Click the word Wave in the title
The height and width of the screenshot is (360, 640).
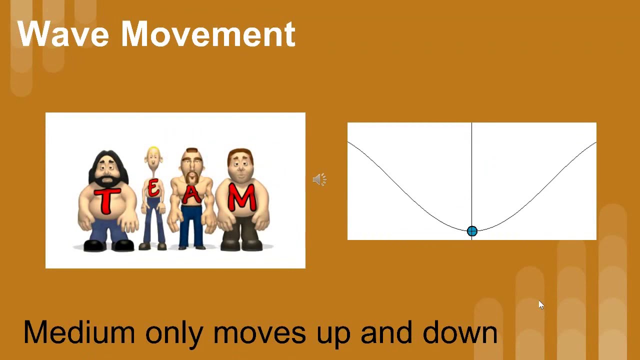tap(63, 34)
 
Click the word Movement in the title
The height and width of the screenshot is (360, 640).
tap(208, 34)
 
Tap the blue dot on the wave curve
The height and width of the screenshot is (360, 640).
tap(472, 231)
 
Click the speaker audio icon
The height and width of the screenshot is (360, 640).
tap(319, 179)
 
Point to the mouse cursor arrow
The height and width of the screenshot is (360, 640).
tap(540, 304)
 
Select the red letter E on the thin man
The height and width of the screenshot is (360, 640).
tap(153, 189)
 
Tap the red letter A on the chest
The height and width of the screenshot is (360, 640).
tap(191, 194)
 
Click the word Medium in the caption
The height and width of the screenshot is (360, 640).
tap(79, 332)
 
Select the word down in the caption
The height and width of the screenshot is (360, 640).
tap(460, 332)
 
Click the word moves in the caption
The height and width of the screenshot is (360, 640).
tap(259, 332)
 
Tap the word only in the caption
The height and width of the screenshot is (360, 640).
tap(174, 332)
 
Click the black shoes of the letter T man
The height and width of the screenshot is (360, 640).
tap(107, 245)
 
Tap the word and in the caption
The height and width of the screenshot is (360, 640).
tap(386, 332)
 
